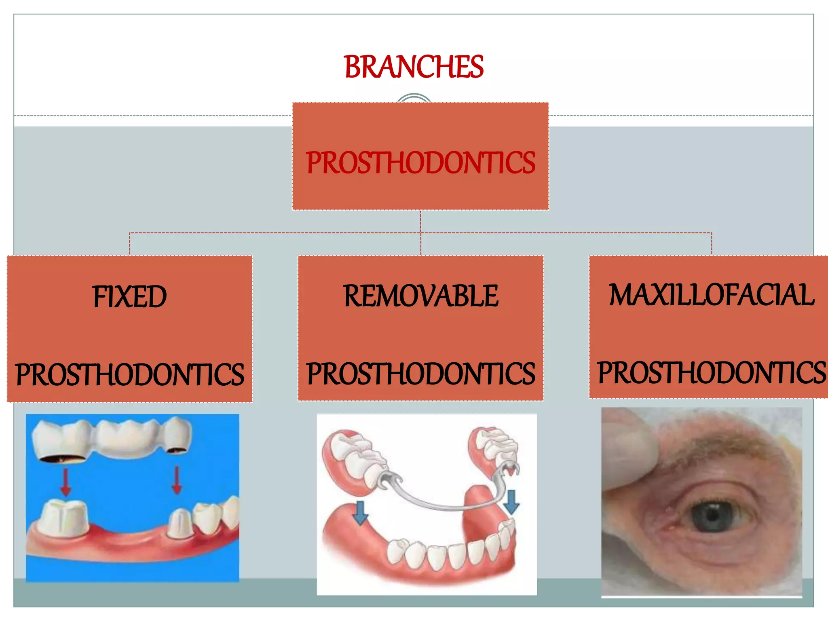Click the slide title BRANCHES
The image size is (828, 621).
coord(414,67)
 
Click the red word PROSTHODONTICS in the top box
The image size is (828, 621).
coord(420,163)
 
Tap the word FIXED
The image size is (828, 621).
coord(129,297)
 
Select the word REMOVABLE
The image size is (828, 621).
coord(421,296)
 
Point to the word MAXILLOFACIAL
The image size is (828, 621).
coord(711,295)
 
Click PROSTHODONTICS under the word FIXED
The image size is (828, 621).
coord(129,374)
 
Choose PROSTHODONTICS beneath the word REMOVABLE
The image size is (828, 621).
coord(421,374)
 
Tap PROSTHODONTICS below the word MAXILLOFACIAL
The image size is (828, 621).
coord(711,373)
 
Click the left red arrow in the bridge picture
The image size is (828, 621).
coord(66,482)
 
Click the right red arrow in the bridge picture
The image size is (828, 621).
coord(176,480)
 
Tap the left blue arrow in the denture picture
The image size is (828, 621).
coord(360,513)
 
